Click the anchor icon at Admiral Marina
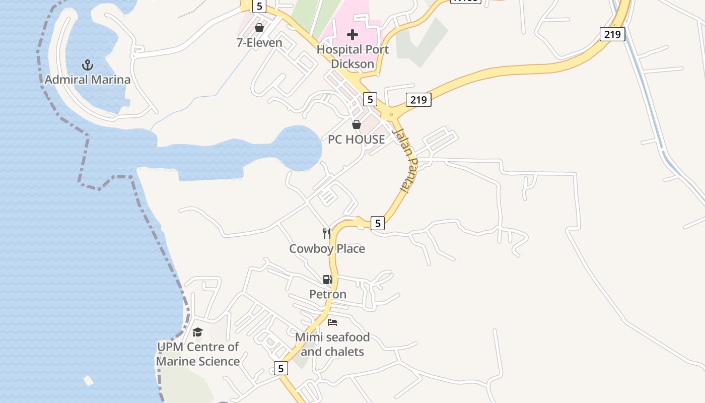88,65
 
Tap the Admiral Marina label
88,80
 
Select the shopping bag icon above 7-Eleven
259,28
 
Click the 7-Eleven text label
259,43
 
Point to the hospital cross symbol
352,35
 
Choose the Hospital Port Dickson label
352,57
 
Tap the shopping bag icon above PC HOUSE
357,124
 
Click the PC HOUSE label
357,140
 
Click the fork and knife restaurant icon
327,233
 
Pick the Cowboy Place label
327,248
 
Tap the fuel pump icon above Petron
327,280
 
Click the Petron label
327,294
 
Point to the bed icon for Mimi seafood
332,322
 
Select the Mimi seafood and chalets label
332,344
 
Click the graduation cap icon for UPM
197,332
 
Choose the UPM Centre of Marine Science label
197,354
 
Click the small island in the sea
88,380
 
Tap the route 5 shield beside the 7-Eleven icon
259,6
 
